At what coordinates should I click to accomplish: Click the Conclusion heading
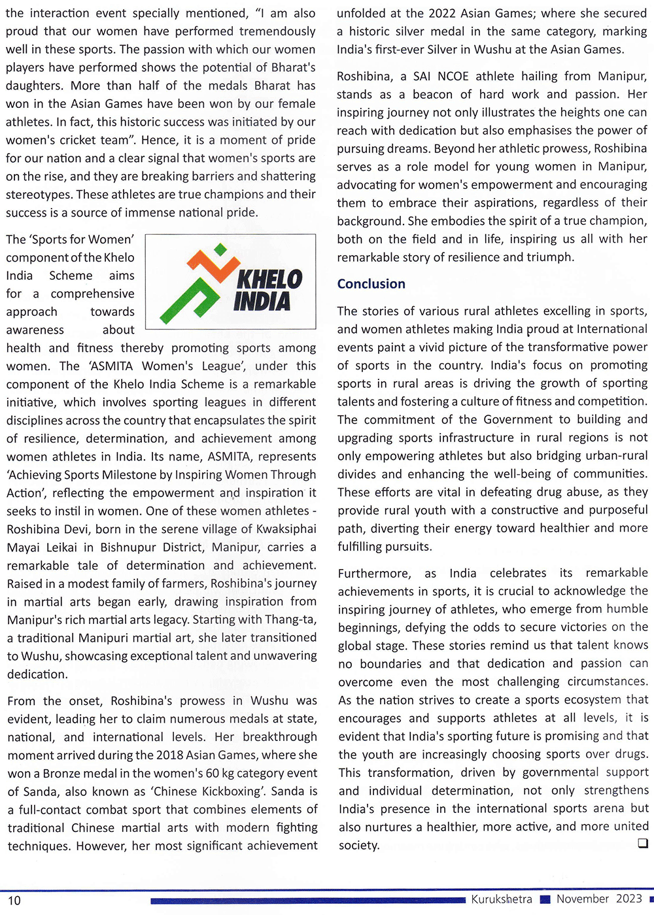tap(371, 284)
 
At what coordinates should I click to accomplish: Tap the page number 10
tap(14, 901)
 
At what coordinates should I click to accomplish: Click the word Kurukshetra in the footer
tap(502, 899)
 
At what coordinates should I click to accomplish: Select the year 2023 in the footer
tap(629, 899)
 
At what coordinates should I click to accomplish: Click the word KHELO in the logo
tap(269, 279)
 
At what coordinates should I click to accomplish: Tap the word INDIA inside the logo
tap(262, 302)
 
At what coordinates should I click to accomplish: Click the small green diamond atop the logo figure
tap(220, 249)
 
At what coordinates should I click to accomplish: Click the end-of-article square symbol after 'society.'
tap(642, 843)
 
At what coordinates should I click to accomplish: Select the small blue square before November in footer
tap(545, 900)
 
